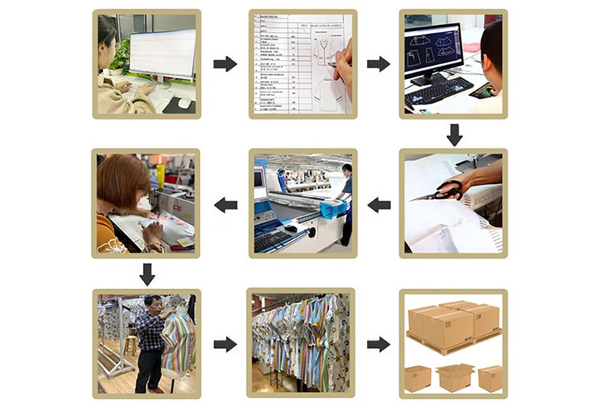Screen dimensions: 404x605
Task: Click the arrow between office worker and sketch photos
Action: (225, 64)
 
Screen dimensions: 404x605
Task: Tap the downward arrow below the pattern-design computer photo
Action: (454, 135)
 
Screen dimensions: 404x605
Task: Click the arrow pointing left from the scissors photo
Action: (379, 204)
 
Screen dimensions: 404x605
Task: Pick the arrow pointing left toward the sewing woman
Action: (225, 204)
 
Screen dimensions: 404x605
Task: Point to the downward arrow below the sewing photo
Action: (148, 274)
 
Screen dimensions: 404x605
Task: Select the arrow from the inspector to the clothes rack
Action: (225, 344)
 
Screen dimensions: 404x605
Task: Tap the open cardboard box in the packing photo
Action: (455, 376)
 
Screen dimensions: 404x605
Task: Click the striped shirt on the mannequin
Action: (178, 340)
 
